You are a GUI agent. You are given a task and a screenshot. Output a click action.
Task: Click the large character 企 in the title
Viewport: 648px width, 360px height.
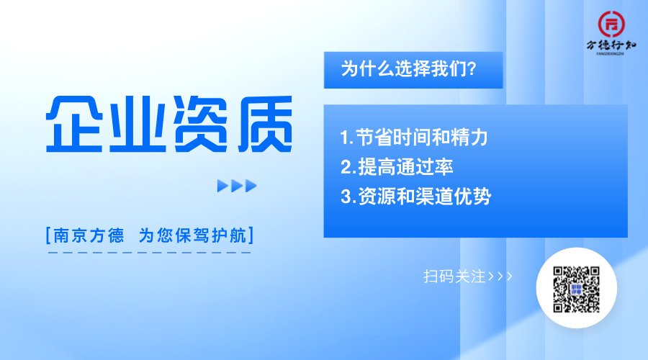(x=74, y=124)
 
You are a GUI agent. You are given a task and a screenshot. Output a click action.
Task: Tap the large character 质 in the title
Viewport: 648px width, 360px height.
(x=265, y=124)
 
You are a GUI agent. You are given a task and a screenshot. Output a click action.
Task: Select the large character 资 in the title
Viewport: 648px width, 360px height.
(x=201, y=124)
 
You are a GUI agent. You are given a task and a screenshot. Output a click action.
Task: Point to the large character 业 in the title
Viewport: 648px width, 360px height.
(x=138, y=124)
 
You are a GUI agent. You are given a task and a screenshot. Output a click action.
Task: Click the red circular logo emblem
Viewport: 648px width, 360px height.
(x=611, y=24)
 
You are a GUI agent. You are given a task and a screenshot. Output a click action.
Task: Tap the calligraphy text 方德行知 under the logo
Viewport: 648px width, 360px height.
(x=611, y=45)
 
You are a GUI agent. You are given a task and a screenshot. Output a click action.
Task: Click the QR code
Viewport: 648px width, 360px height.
(x=576, y=289)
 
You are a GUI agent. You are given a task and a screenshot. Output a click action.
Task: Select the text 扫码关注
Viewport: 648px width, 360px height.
(x=454, y=276)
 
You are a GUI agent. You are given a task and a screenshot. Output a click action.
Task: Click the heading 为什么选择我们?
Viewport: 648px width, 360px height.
(x=409, y=68)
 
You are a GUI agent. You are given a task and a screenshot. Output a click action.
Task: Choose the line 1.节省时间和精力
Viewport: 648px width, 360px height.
(x=414, y=138)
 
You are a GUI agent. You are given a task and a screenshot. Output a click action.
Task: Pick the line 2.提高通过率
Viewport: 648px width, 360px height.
(x=397, y=167)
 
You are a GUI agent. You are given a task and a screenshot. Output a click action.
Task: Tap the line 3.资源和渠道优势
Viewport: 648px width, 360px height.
(x=415, y=197)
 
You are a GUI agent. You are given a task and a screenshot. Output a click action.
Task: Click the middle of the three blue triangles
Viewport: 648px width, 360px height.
(x=237, y=186)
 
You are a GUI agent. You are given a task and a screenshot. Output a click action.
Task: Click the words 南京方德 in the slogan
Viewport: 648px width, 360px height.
(x=89, y=235)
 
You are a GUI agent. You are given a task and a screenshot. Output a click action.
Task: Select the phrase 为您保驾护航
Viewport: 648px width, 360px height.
(x=192, y=235)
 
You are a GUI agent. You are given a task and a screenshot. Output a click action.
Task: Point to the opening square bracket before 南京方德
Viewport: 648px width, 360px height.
(x=48, y=235)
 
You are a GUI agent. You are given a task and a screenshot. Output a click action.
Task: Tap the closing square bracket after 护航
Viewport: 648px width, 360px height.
(x=251, y=235)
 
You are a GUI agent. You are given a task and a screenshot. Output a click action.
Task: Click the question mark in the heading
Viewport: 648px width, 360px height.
(x=472, y=68)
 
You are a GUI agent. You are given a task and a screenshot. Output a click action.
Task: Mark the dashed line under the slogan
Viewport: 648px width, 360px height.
(x=150, y=252)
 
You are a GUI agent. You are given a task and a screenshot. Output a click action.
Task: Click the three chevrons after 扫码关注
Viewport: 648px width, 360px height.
(x=500, y=276)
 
